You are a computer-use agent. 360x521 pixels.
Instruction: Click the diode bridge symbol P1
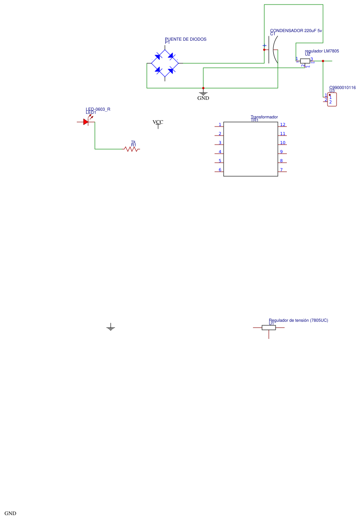165,63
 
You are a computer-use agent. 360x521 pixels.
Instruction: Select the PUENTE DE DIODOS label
185,39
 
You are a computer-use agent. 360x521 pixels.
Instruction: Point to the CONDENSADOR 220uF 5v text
296,31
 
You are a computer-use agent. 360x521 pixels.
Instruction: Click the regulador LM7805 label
322,51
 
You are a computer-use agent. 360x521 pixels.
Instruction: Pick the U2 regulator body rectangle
305,61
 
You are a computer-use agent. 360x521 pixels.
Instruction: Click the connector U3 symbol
332,99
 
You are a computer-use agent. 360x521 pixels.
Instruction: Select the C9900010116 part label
342,88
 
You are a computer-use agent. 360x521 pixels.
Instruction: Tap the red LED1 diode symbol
86,122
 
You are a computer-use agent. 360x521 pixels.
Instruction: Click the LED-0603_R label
98,109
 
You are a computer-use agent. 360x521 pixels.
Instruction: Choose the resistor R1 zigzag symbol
131,149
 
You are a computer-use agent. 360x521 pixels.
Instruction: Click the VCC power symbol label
158,122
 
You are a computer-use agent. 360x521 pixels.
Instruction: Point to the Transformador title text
264,117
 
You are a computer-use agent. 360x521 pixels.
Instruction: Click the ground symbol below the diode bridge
203,94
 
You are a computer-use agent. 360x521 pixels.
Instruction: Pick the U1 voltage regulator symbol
269,328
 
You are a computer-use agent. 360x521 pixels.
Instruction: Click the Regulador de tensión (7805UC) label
298,320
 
